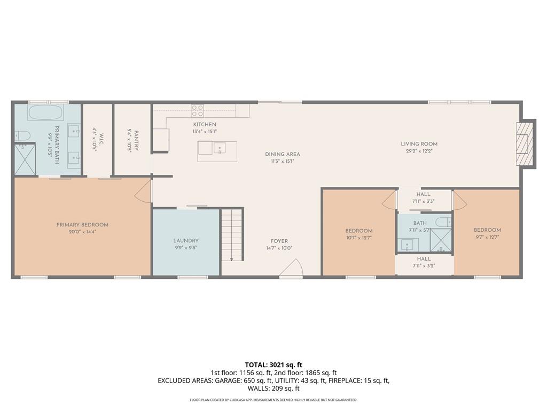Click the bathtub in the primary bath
(x=45, y=112)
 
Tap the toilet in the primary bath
(x=22, y=135)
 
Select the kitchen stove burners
(x=198, y=110)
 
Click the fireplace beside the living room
(x=525, y=143)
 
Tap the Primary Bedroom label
(x=82, y=225)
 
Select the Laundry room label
(x=186, y=240)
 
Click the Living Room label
(x=419, y=143)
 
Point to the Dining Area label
(x=283, y=154)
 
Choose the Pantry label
(x=136, y=141)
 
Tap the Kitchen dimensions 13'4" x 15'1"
(x=205, y=132)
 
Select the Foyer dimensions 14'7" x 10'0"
(x=279, y=248)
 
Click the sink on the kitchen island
(x=220, y=148)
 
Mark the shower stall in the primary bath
(x=25, y=159)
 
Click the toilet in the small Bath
(x=444, y=222)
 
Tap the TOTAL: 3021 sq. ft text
(x=273, y=365)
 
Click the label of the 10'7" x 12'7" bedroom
(x=359, y=231)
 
